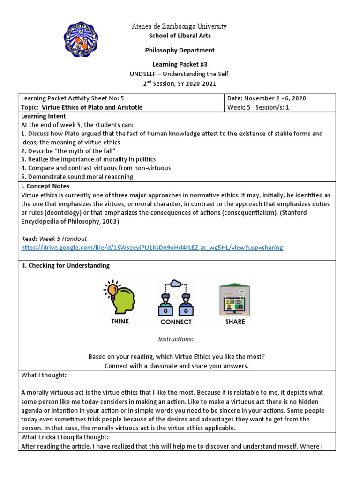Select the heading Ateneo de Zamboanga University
click(x=180, y=27)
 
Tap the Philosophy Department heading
click(x=180, y=50)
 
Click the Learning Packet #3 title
click(x=180, y=64)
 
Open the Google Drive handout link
click(x=152, y=247)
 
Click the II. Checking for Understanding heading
click(x=66, y=265)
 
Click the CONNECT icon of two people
click(x=176, y=298)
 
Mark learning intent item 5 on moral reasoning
click(x=77, y=177)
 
